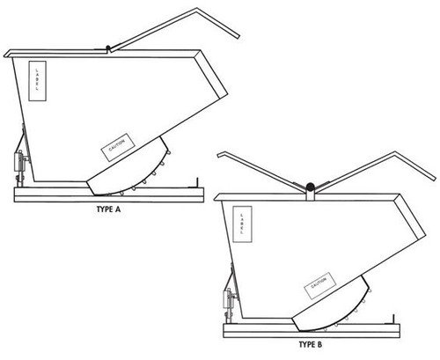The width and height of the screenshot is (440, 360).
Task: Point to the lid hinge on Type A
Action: pos(108,47)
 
